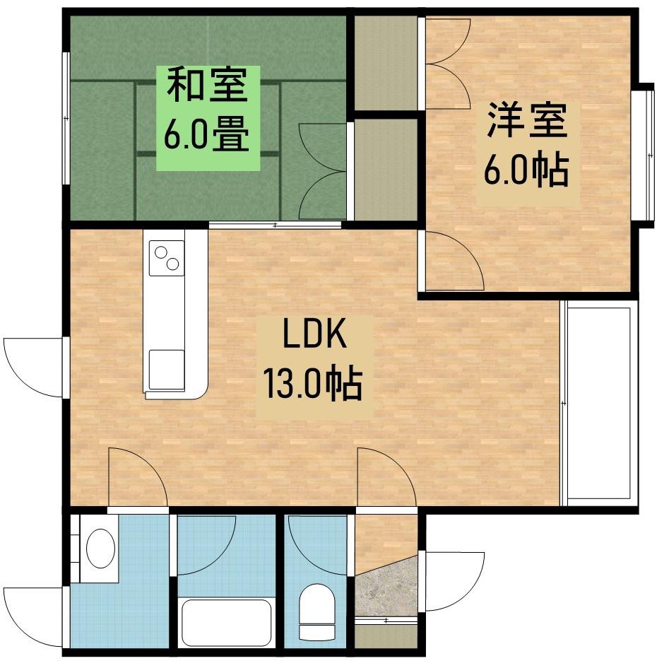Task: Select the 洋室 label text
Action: (x=527, y=122)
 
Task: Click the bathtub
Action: (x=226, y=622)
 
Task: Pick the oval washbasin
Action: (x=100, y=548)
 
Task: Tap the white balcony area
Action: (x=600, y=403)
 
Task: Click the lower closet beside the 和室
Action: (x=385, y=170)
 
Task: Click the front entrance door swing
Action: (x=452, y=580)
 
